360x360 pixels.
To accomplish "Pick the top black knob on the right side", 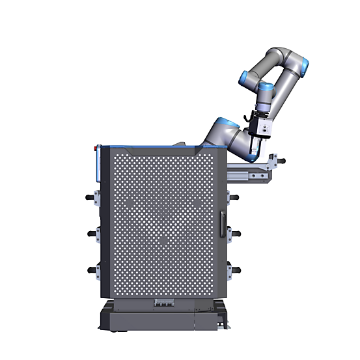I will click(235, 197).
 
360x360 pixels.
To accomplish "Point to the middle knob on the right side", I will click(235, 232).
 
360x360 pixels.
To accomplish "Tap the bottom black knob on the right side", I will click(235, 268).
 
